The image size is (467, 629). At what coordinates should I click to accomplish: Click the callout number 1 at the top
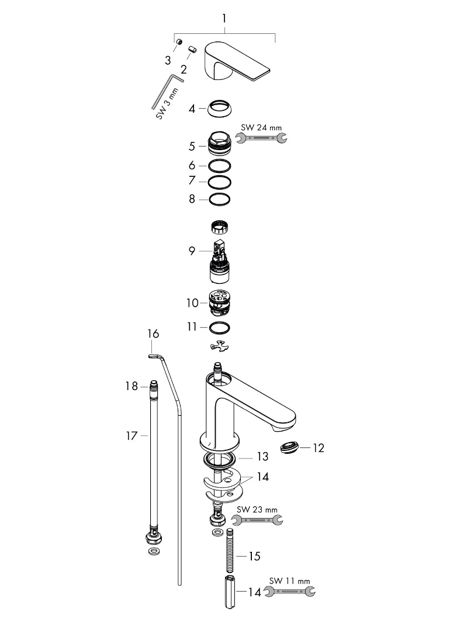coord(224,19)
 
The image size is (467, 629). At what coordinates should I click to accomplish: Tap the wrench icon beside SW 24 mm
coord(261,138)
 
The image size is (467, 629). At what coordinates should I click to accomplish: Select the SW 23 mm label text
coord(257,509)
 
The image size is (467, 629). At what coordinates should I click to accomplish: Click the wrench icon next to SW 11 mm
coord(289,592)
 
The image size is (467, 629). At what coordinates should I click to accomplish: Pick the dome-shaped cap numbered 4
coord(219,109)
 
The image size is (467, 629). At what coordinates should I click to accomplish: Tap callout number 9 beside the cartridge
coord(192,251)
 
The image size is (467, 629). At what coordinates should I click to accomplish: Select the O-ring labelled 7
coord(219,182)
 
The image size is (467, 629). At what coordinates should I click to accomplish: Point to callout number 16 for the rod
coord(153,334)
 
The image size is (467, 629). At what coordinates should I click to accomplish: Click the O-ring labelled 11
coord(219,327)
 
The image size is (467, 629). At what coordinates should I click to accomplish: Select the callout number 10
coord(193,303)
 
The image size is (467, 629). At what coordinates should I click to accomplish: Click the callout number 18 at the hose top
coord(131,386)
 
